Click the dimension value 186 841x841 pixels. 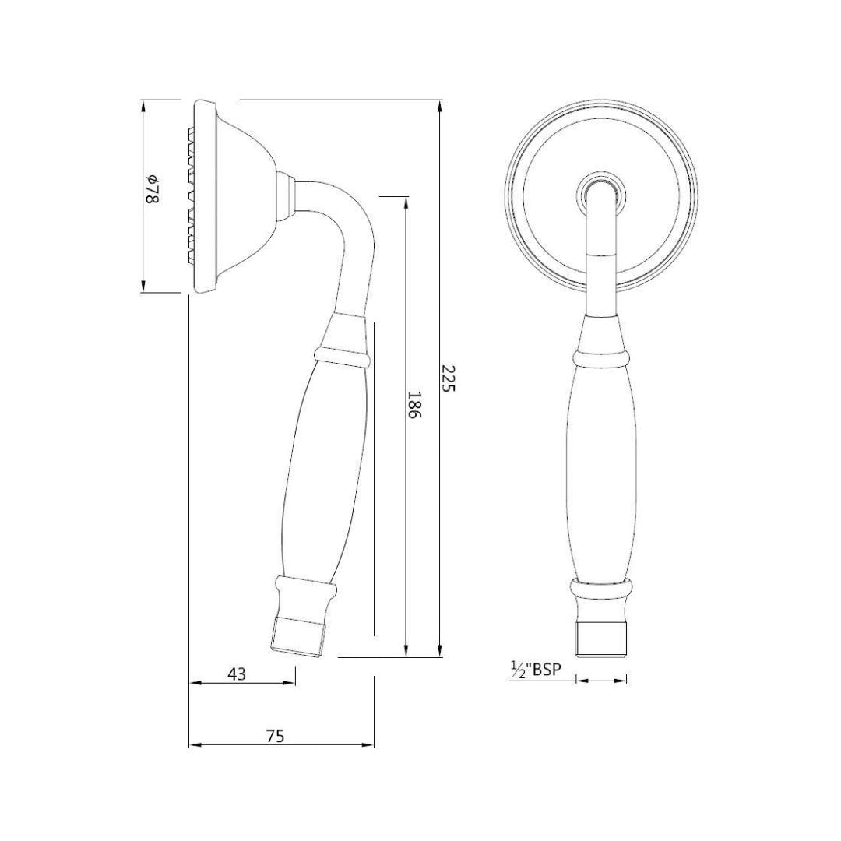414,405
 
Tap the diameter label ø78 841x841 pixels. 153,190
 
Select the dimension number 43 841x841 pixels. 236,674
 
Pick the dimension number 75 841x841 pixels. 274,736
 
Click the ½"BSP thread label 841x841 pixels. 536,670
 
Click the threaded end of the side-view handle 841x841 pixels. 297,635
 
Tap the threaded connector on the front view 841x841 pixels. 601,639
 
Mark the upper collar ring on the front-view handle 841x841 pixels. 600,357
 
